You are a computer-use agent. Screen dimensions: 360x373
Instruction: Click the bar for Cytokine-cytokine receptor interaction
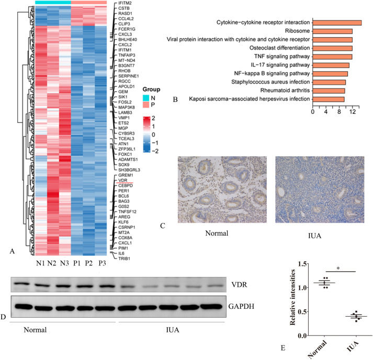point(337,22)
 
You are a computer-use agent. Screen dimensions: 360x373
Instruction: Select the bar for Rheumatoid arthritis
point(329,90)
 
